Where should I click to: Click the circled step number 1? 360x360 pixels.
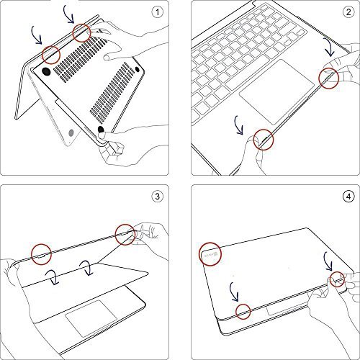156,13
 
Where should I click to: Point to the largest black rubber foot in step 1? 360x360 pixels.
45,72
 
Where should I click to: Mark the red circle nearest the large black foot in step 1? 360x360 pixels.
52,53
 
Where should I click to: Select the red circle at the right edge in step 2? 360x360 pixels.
330,78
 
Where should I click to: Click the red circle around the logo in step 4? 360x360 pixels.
210,253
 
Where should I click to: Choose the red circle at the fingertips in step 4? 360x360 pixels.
335,279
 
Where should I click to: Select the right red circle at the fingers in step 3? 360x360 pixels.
123,232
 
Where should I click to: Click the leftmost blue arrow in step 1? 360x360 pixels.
34,32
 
